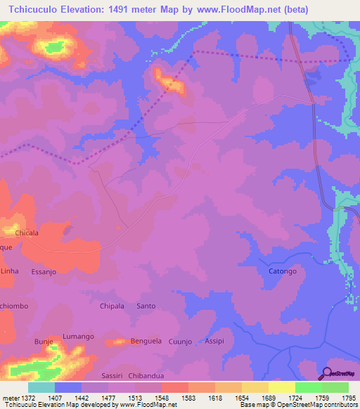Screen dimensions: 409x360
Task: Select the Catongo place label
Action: (x=283, y=271)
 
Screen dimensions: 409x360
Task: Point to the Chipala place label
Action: (x=112, y=306)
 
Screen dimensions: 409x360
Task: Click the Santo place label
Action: (x=146, y=306)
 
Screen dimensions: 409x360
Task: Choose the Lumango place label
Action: (x=78, y=337)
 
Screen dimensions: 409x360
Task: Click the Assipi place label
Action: (x=214, y=341)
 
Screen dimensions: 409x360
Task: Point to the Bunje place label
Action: (x=44, y=342)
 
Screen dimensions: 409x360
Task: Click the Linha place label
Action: (x=10, y=271)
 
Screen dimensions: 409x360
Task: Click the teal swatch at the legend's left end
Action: (x=41, y=387)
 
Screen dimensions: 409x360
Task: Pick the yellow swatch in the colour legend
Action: (x=281, y=387)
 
